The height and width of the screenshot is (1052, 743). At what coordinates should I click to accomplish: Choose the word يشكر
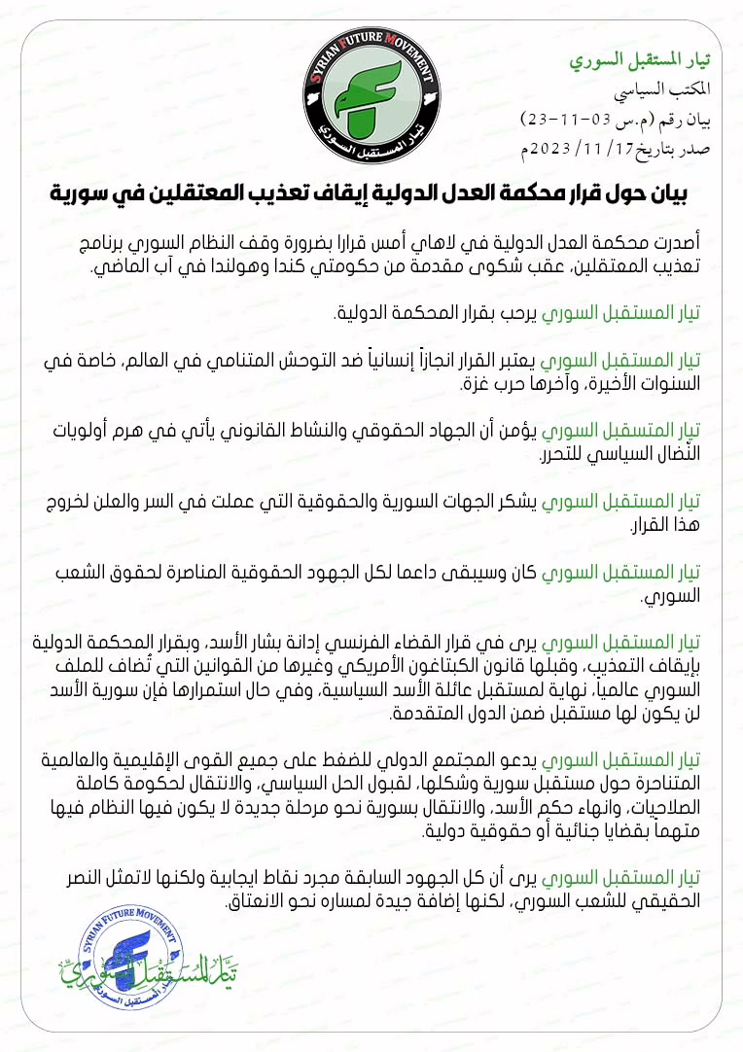(515, 503)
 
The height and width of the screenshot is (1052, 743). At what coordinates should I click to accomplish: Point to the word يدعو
(515, 761)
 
